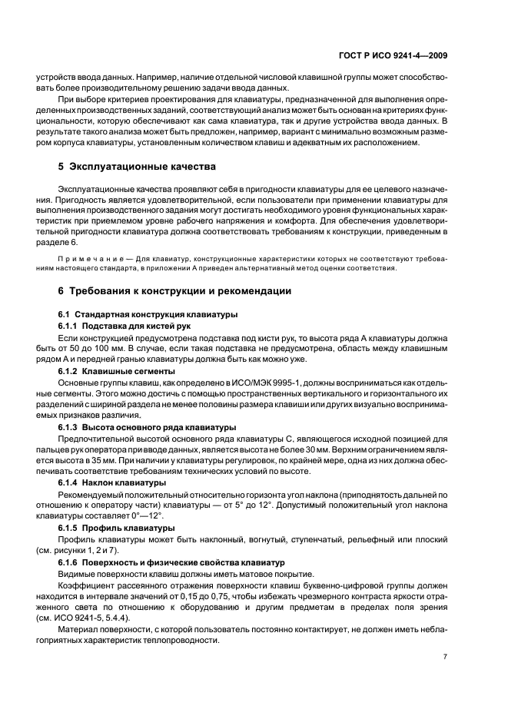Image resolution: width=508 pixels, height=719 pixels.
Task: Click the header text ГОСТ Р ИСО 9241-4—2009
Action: coord(404,55)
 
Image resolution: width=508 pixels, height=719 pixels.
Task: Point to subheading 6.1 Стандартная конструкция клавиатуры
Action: coord(148,315)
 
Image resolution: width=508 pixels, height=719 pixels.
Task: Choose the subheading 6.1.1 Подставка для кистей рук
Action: coord(125,326)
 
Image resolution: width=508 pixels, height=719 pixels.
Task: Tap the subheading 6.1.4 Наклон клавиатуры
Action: coord(112,482)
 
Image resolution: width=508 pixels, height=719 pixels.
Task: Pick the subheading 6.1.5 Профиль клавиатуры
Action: coord(115,528)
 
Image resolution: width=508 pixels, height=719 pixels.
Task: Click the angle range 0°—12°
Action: coord(130,517)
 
